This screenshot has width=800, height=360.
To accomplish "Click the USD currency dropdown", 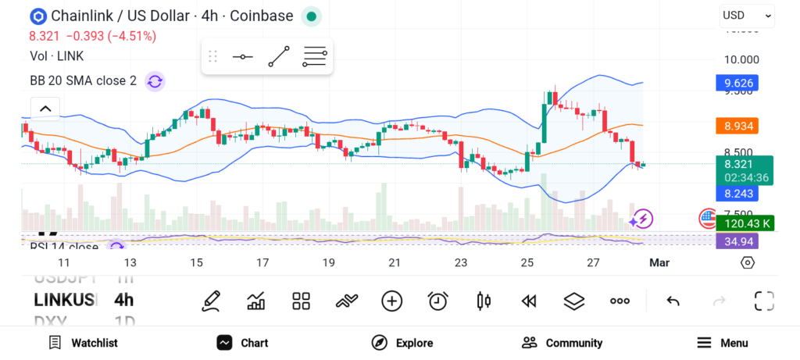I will [x=746, y=15].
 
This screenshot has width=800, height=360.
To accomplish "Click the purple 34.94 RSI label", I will [x=737, y=241].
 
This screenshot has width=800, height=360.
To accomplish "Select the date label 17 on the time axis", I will [x=262, y=262].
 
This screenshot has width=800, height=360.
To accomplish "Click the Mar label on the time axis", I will [x=659, y=262].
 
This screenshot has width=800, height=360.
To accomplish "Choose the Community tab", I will [x=562, y=343].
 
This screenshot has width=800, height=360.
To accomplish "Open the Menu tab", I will [x=723, y=343].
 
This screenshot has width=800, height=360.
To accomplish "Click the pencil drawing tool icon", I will [x=210, y=301].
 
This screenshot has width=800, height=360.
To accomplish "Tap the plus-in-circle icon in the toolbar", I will [x=391, y=301].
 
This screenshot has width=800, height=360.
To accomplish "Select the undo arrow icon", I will [x=673, y=301].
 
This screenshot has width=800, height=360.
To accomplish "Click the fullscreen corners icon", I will [x=763, y=301].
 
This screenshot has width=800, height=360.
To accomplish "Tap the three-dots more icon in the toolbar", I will [x=620, y=301].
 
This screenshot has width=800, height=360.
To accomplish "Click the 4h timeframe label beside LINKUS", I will [x=123, y=300].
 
